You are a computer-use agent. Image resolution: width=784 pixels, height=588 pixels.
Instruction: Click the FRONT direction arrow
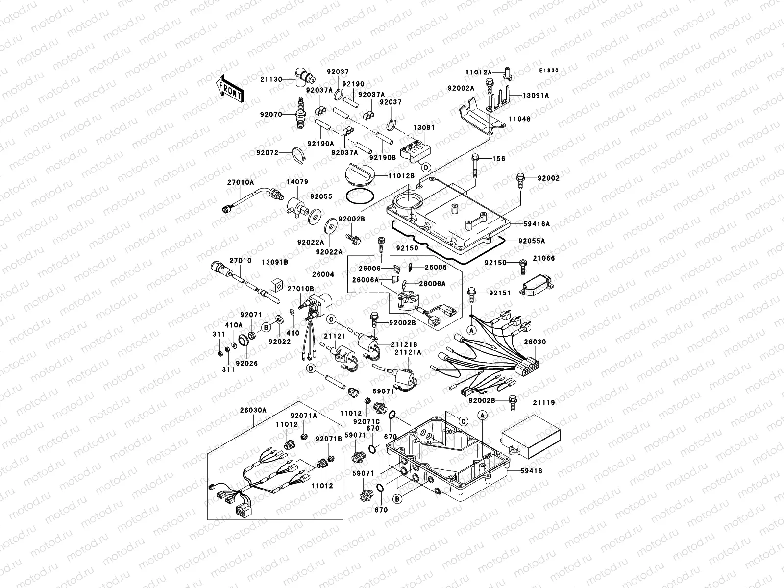(x=230, y=89)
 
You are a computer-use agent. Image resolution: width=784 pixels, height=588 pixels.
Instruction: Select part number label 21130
(x=270, y=78)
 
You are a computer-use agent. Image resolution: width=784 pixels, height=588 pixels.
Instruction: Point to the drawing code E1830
(x=549, y=71)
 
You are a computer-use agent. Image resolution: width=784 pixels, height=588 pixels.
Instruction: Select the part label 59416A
(x=536, y=224)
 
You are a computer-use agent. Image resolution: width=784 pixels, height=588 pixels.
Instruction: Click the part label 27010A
(x=240, y=182)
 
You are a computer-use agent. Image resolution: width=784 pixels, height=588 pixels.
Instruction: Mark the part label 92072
(x=267, y=152)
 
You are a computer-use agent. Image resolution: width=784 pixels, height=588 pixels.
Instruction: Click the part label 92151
(x=500, y=293)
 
